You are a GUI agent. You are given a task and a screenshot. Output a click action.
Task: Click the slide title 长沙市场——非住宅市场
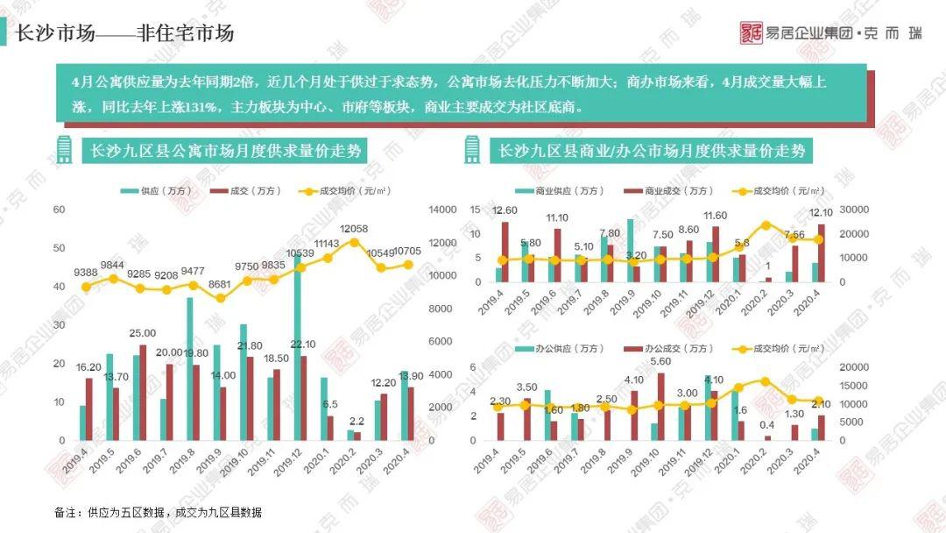125,33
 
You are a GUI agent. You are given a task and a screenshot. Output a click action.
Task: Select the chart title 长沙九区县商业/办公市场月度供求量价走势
652,151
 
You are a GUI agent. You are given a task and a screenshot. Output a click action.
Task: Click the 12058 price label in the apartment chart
354,228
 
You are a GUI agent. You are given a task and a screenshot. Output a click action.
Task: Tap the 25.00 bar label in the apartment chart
142,333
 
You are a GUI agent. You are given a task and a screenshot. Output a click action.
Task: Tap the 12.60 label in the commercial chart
505,210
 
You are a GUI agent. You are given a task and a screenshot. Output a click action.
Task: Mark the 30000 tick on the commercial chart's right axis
852,210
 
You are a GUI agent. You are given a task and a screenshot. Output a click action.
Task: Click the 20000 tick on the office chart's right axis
852,367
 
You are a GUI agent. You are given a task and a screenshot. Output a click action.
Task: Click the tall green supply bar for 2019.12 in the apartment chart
297,351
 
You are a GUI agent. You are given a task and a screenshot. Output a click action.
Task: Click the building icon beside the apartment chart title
63,150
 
